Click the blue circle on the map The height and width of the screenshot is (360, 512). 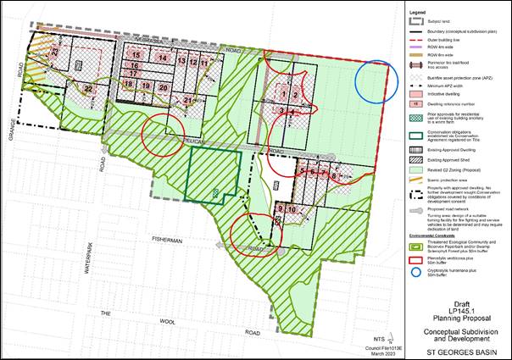376,83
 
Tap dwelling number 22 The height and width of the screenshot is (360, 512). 88,89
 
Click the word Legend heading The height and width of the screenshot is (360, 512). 418,13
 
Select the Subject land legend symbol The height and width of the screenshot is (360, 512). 415,20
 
